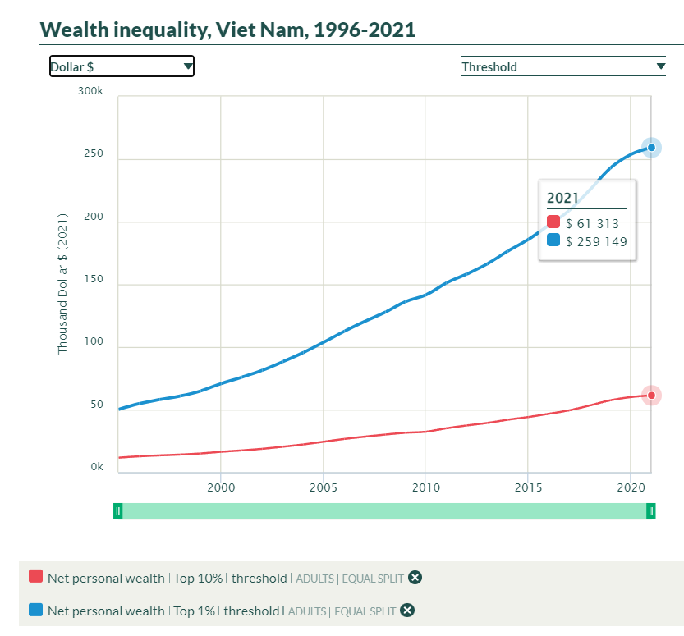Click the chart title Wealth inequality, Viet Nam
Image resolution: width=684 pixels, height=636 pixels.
click(227, 30)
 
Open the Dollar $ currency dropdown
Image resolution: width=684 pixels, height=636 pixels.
click(122, 66)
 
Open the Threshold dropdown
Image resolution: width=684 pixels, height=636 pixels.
click(563, 67)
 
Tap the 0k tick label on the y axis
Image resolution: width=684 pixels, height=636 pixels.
click(96, 467)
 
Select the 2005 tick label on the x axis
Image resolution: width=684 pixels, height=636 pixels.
click(324, 487)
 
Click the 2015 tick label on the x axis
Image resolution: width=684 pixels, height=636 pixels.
click(527, 487)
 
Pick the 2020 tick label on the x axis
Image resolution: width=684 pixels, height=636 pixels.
click(630, 487)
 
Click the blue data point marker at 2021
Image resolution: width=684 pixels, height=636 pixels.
click(651, 148)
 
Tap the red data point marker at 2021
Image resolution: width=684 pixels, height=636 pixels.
click(651, 396)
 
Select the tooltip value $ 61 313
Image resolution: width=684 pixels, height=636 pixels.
click(592, 223)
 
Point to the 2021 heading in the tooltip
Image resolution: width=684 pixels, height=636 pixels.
click(563, 198)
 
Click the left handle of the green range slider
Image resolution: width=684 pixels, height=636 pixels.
click(118, 511)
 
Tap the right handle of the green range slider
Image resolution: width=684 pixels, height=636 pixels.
click(650, 511)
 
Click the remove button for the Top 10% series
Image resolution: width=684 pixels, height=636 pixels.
click(415, 578)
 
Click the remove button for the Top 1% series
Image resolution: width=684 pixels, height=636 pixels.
click(407, 611)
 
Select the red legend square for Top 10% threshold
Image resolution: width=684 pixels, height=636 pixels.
click(35, 578)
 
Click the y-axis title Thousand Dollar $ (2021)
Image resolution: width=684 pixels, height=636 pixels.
click(62, 284)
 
